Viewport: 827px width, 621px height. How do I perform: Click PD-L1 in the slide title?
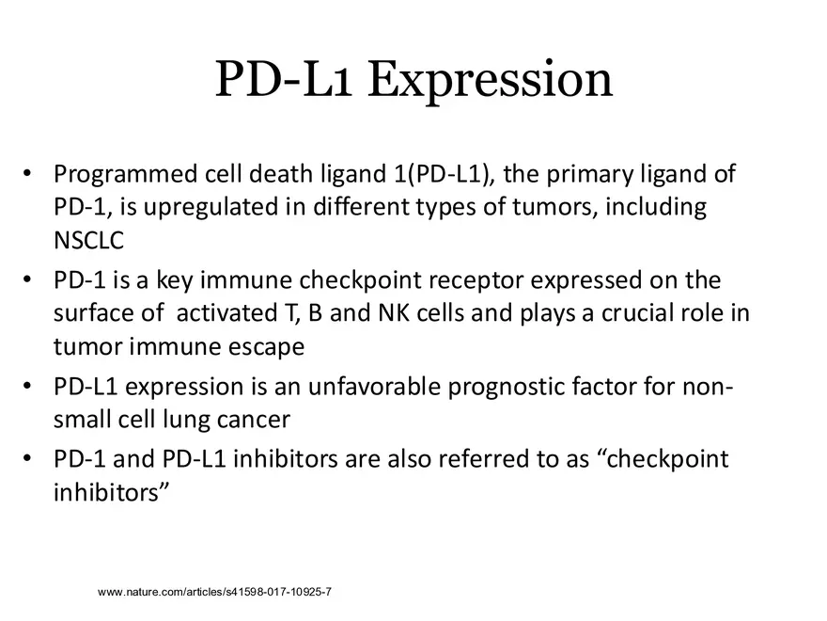click(284, 80)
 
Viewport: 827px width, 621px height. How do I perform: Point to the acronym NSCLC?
click(88, 238)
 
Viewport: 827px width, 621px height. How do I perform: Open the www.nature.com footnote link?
click(215, 592)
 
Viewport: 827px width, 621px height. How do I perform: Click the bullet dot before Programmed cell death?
click(28, 175)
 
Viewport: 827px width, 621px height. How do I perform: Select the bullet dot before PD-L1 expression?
click(28, 388)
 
